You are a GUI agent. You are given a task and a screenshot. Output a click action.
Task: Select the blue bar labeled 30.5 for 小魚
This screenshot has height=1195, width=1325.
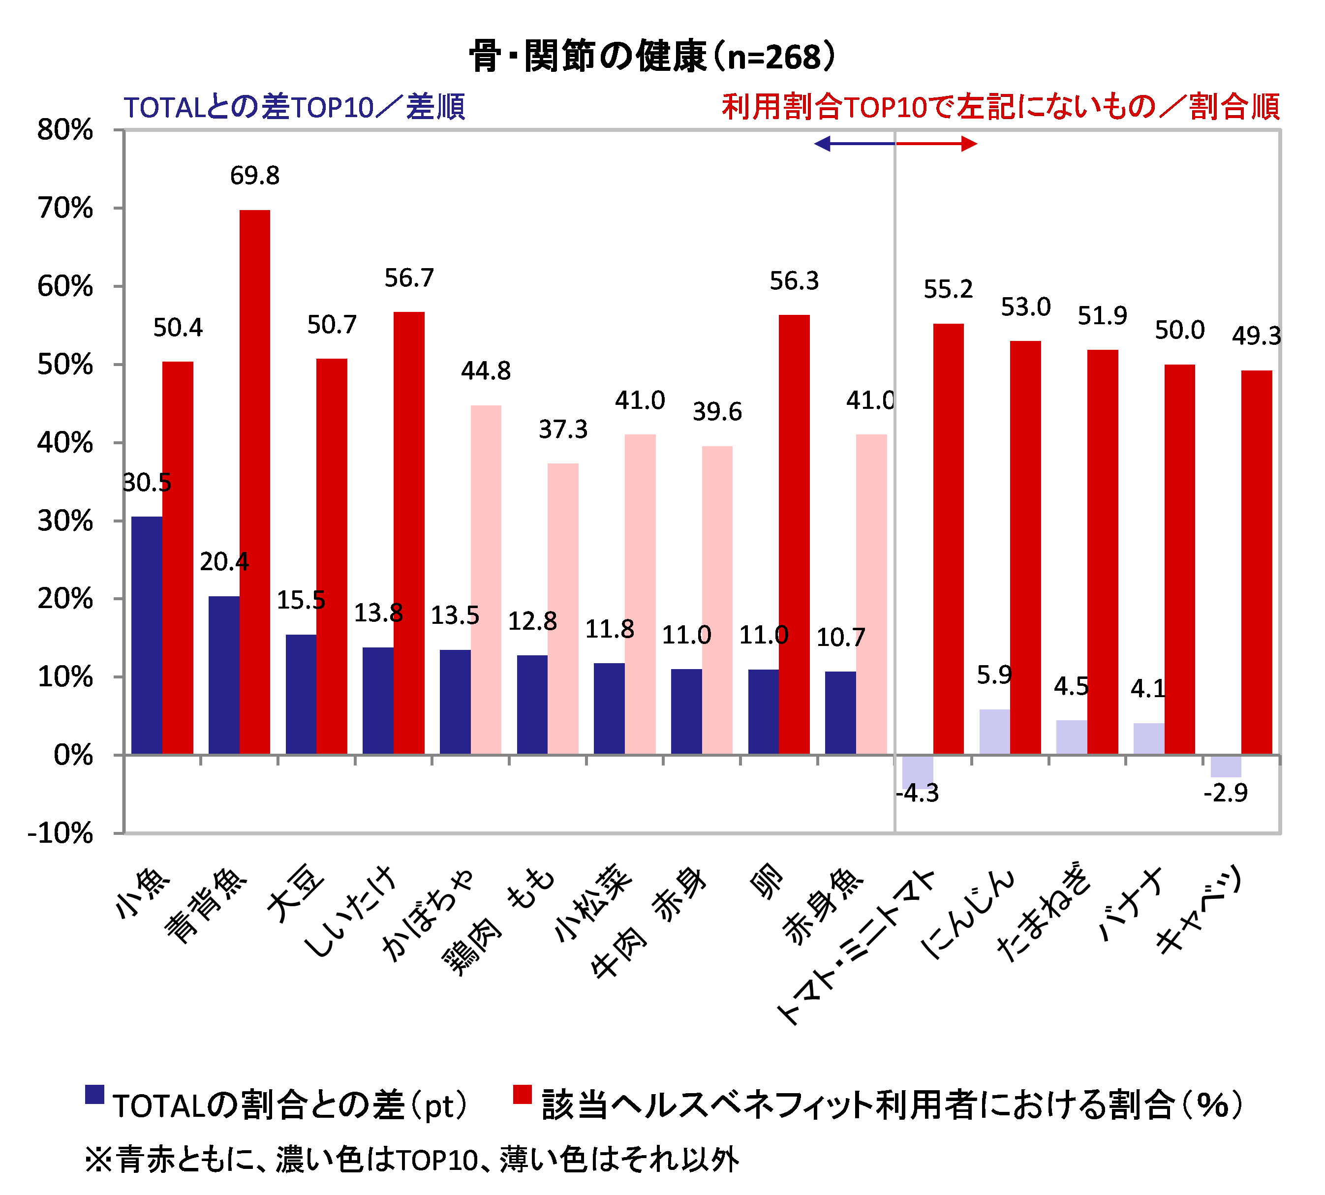[x=147, y=635]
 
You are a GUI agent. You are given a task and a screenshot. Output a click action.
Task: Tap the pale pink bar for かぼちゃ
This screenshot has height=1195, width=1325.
[x=486, y=579]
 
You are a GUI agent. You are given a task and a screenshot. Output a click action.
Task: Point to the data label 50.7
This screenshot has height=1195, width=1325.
[x=332, y=324]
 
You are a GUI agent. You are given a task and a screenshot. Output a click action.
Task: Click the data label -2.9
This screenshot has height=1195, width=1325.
[x=1225, y=793]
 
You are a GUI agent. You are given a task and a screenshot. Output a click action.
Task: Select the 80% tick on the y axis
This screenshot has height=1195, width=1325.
[x=65, y=130]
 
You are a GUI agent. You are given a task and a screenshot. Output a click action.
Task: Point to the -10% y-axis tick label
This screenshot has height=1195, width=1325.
[x=61, y=833]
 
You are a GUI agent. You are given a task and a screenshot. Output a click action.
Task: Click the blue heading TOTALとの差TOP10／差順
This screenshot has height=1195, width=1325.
[x=294, y=107]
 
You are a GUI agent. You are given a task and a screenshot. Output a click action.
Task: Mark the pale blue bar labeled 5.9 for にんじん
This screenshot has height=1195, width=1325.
[x=994, y=732]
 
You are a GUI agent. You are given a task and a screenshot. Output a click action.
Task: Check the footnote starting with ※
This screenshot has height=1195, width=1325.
[x=412, y=1160]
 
